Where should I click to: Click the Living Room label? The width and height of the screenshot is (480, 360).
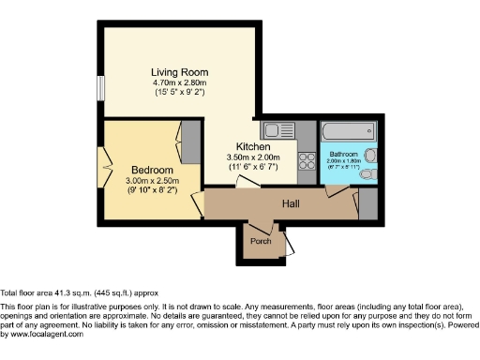tap(178, 70)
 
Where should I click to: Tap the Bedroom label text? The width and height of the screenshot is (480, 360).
tap(151, 170)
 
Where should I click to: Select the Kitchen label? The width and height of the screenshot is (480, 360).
tap(253, 147)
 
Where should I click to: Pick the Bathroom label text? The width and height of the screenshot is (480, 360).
tap(344, 152)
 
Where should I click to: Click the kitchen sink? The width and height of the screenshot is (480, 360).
tap(277, 131)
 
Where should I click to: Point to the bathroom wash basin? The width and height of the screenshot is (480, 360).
tap(370, 155)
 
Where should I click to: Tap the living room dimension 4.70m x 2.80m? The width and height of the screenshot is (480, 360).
tap(178, 82)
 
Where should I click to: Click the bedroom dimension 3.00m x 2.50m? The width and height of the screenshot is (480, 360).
tap(151, 181)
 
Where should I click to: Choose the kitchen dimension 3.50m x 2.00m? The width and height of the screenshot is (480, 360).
tap(253, 157)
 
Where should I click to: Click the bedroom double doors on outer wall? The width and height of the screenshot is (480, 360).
tap(103, 169)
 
